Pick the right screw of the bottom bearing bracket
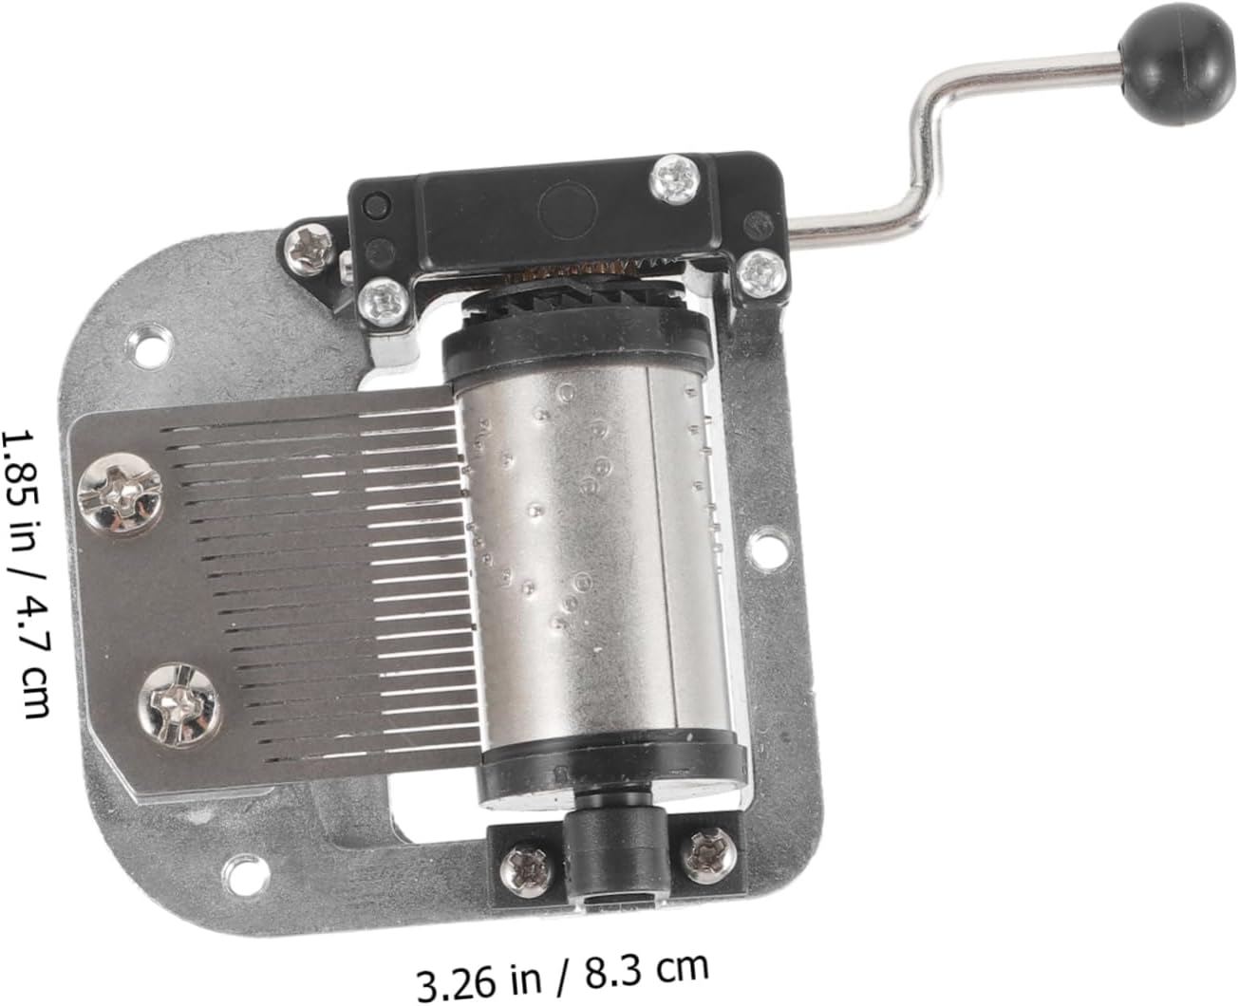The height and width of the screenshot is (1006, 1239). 709,855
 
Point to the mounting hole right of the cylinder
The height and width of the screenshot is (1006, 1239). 771,545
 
